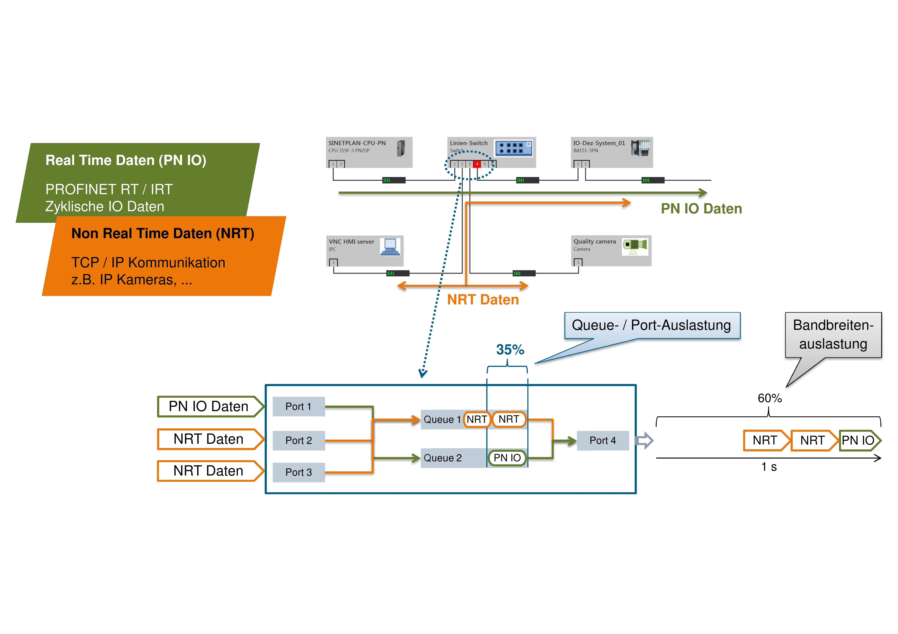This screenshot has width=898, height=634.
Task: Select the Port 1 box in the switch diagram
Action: (298, 407)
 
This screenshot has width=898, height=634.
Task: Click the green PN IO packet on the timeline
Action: (859, 441)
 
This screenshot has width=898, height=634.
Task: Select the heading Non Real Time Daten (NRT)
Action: (163, 233)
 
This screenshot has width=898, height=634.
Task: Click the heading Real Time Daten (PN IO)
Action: (126, 160)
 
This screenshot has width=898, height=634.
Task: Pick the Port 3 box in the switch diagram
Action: (298, 472)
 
